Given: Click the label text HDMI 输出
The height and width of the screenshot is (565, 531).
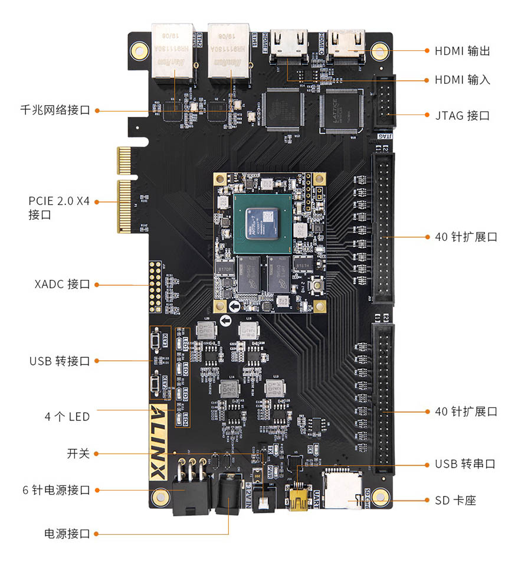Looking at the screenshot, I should (462, 51).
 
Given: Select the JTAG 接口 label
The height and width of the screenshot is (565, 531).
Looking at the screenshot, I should (462, 116).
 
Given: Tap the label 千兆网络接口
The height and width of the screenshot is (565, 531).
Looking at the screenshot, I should (55, 110).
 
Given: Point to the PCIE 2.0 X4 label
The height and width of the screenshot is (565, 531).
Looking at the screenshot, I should (59, 201).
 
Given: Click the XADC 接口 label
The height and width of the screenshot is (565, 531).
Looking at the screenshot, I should (62, 285).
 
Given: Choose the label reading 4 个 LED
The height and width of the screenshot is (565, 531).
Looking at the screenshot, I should (67, 417).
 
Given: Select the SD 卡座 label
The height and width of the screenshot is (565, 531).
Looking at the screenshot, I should (455, 501).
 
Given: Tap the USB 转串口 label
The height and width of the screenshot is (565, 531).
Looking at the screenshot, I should (465, 464).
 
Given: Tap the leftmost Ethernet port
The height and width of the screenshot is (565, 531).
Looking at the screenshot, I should (172, 51).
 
